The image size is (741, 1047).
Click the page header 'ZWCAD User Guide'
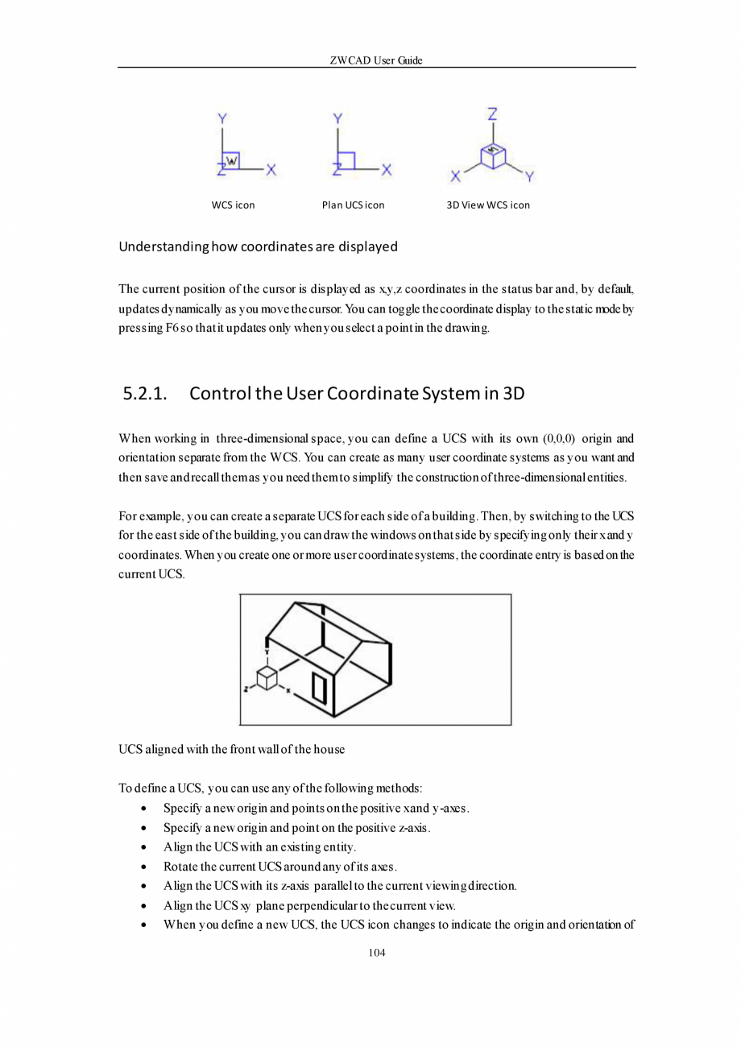click(376, 60)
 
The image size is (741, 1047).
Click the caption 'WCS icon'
click(233, 205)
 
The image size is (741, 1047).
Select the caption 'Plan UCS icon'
click(353, 205)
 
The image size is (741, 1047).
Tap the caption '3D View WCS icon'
click(488, 205)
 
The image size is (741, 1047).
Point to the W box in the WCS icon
click(231, 160)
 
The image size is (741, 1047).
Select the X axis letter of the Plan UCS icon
click(387, 170)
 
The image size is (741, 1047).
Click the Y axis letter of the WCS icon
click(221, 119)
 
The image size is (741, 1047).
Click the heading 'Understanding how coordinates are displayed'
click(258, 246)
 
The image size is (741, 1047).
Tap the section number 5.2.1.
click(145, 394)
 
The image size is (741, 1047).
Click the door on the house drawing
click(319, 689)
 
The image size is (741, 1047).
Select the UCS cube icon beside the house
click(267, 677)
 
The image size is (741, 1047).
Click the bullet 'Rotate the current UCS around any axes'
click(280, 867)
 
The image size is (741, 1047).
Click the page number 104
click(376, 953)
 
